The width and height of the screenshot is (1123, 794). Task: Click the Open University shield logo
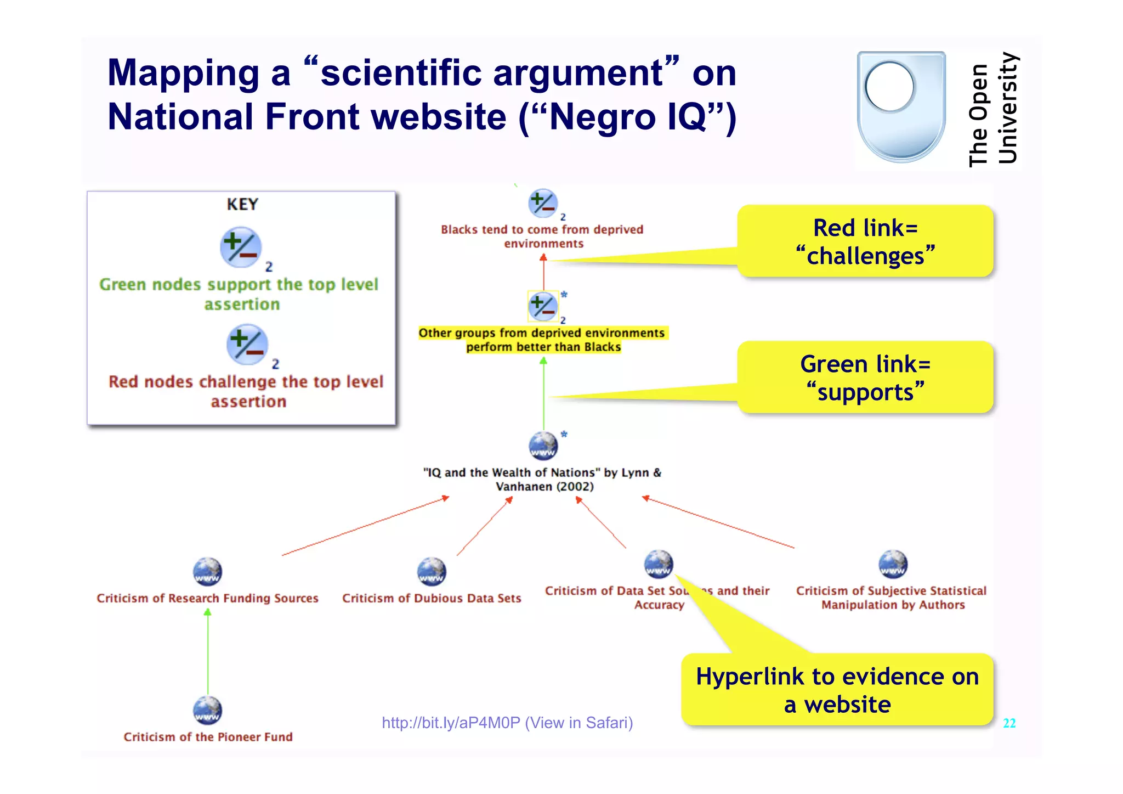tap(901, 107)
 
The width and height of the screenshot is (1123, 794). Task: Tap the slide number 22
tap(1009, 723)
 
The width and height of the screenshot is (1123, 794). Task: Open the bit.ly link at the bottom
tap(507, 723)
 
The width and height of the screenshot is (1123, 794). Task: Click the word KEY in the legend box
tap(242, 204)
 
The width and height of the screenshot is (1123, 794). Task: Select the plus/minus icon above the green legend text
tap(240, 247)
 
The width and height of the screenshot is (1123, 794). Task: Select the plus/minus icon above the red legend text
tap(247, 345)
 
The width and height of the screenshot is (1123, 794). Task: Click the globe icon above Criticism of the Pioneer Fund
tap(207, 710)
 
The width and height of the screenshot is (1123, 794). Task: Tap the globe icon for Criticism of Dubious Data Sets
tap(432, 571)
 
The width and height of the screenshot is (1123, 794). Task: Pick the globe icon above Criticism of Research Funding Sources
tap(207, 571)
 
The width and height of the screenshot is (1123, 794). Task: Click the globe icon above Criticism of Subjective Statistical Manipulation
tap(893, 564)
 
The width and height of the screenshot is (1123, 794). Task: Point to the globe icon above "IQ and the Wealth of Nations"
tap(543, 446)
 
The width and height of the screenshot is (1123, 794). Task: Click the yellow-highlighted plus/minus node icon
tap(543, 306)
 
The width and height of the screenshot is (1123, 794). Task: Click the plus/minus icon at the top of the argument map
tap(543, 204)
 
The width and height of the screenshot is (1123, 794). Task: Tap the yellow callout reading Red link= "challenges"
tap(865, 241)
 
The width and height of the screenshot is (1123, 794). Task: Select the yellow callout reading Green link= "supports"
tap(865, 378)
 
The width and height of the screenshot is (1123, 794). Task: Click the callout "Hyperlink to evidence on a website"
tap(837, 690)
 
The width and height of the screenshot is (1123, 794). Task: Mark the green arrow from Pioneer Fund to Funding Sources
tap(208, 653)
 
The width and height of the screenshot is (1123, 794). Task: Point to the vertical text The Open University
tap(992, 110)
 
